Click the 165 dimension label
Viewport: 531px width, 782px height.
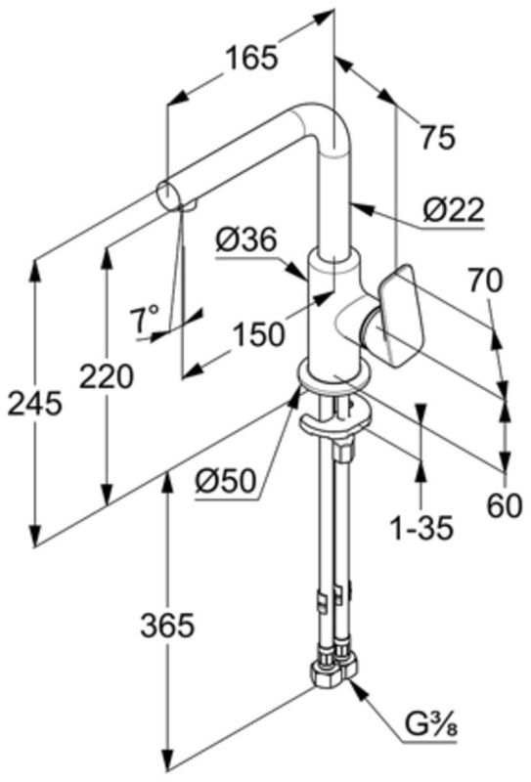tap(250, 58)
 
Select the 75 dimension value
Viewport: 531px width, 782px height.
tap(438, 137)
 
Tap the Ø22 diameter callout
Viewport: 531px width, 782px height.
tap(454, 210)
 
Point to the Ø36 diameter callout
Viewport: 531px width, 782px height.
tap(245, 240)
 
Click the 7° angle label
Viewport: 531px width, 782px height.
tap(144, 320)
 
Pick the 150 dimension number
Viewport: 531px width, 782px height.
tap(258, 333)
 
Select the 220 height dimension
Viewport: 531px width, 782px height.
tap(107, 376)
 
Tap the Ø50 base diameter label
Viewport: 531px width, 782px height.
tap(226, 482)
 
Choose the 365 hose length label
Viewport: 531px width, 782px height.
tap(166, 626)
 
